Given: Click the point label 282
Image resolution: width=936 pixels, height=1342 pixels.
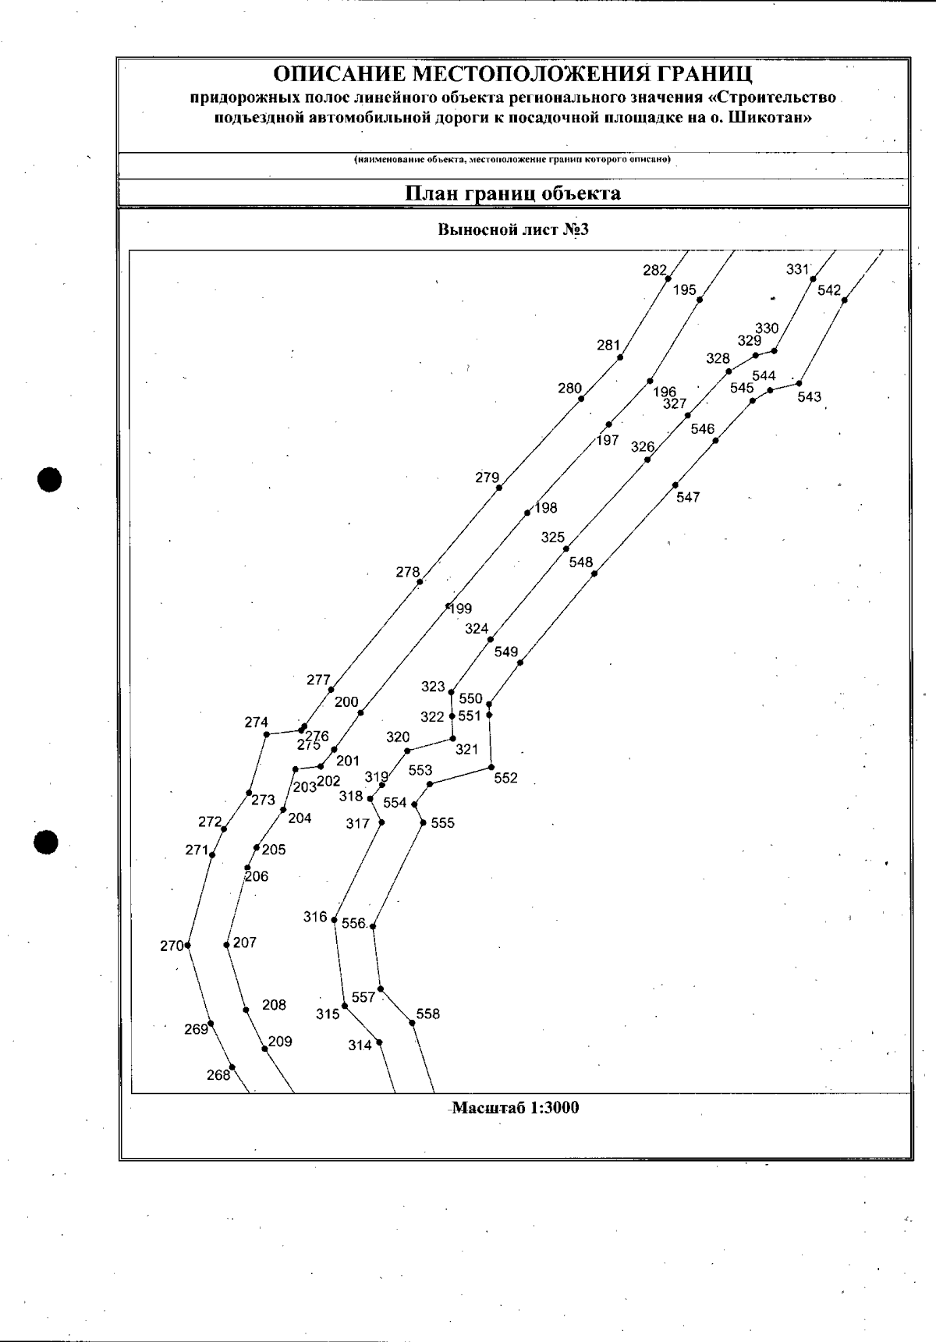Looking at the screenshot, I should point(654,271).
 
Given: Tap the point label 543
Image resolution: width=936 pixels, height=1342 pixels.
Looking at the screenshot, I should point(810,397).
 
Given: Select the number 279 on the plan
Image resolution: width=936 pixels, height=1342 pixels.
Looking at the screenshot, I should point(487,478).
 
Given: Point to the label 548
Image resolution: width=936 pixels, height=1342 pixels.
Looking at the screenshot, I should point(581,563).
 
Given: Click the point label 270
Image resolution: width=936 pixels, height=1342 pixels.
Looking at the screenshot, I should point(172,946).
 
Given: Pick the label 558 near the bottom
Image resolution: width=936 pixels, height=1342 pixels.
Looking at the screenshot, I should point(428,1014).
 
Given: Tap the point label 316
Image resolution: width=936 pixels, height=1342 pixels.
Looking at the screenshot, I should point(315,918).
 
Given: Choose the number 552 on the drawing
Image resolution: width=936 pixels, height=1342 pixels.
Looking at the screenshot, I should point(506,778).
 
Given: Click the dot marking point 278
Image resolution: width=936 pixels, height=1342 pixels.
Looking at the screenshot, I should point(420,582).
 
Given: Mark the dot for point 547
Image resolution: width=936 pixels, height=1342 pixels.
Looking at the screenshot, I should point(675,485).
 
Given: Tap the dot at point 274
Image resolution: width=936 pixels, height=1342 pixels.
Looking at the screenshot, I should point(267,734).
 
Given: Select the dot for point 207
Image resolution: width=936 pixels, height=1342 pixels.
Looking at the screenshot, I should point(226,945).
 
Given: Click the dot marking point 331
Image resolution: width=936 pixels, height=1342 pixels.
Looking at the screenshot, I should point(813,279).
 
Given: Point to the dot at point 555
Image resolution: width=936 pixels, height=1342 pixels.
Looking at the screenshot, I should point(422,822).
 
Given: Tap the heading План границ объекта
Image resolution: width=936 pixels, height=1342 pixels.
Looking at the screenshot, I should point(512,193).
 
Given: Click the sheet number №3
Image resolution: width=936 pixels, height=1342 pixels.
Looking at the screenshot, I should point(574,229).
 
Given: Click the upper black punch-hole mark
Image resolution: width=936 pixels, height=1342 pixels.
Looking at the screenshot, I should point(50,479).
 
